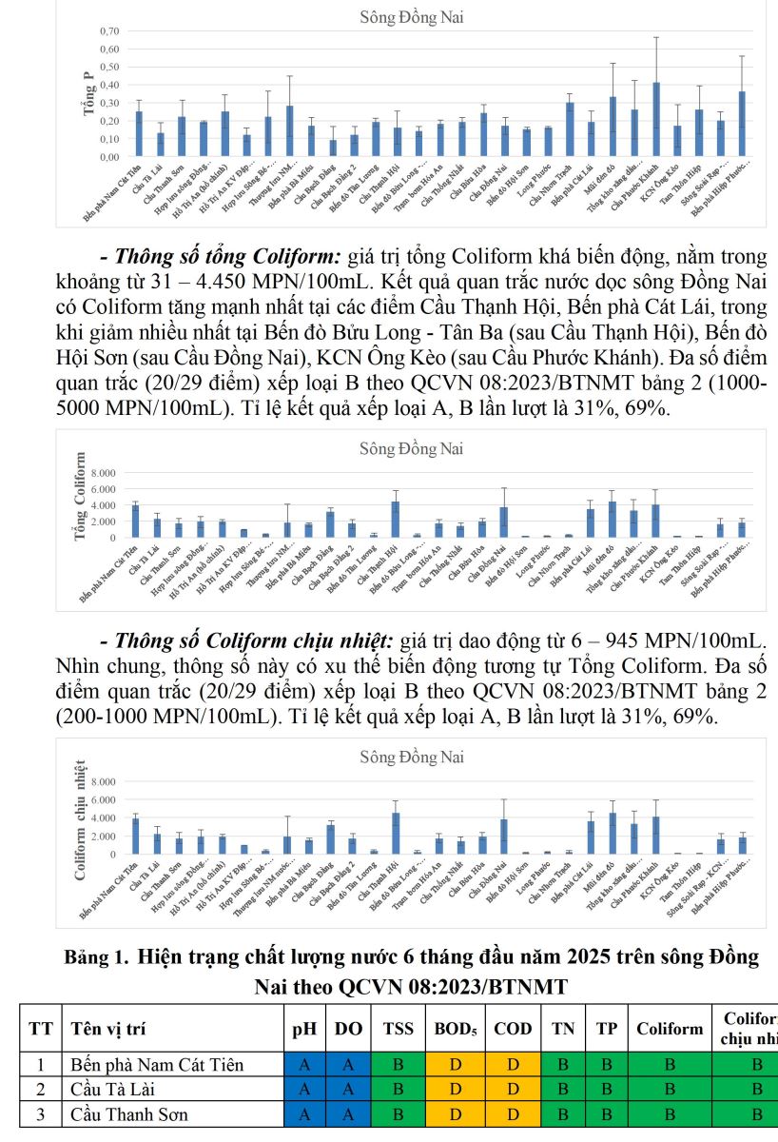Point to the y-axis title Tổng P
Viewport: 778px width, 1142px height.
click(x=88, y=94)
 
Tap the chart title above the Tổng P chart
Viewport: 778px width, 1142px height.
click(x=412, y=17)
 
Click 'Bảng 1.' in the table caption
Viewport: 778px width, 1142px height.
click(x=95, y=958)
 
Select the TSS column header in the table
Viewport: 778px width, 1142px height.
click(x=399, y=1029)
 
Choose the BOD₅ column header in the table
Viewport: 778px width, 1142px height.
click(x=456, y=1029)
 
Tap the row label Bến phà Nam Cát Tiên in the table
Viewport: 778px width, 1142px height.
click(x=157, y=1065)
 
